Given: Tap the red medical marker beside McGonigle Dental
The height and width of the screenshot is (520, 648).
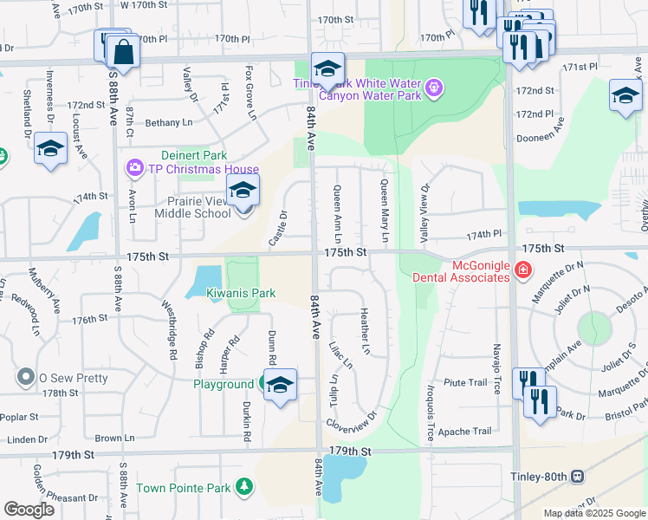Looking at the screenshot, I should (523, 271).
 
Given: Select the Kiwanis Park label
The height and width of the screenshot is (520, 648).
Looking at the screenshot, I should (241, 294).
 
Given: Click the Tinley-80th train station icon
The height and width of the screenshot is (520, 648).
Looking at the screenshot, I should (577, 476).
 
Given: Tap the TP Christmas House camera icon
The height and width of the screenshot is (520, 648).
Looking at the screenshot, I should (134, 167).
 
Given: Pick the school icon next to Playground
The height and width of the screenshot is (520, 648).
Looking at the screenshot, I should (280, 387).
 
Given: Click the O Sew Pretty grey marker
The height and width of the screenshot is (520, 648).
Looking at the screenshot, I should (26, 378).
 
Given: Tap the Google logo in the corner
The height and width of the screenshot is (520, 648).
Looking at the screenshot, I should (29, 509).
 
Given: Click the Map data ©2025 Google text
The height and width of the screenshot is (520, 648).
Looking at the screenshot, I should (594, 513).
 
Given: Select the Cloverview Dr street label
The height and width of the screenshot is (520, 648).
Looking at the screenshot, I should (351, 420).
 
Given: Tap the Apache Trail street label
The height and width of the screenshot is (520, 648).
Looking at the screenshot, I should (464, 431).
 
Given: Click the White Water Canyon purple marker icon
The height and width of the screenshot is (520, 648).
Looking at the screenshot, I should (433, 87).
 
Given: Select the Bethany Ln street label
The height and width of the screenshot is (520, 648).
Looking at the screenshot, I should (168, 123).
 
